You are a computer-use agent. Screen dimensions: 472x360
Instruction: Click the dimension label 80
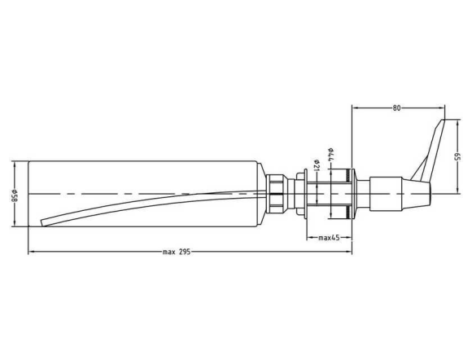[x=397, y=108]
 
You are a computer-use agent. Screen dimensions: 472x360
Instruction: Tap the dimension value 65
[x=457, y=157]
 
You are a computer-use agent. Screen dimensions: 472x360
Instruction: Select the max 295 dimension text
[x=177, y=252]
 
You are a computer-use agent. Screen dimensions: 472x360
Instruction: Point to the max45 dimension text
[x=329, y=238]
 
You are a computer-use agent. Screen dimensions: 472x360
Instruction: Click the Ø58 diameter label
[x=14, y=195]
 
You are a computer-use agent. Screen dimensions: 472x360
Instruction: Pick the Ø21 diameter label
[x=316, y=165]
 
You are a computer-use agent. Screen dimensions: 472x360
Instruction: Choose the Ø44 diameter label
[x=330, y=154]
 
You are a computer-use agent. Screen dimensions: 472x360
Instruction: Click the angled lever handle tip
[x=443, y=120]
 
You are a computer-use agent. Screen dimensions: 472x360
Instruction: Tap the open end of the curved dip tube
[x=43, y=222]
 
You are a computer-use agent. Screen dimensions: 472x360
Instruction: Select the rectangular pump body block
[x=386, y=194]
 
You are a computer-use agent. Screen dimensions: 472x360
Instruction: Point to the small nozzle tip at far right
[x=430, y=193]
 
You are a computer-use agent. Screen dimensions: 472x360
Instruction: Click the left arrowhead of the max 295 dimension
[x=31, y=252]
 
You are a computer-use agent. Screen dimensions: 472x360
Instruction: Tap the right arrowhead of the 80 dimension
[x=442, y=108]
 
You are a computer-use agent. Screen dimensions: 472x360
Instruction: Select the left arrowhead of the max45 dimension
[x=310, y=238]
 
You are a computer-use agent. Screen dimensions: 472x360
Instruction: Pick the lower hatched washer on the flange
[x=349, y=212]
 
